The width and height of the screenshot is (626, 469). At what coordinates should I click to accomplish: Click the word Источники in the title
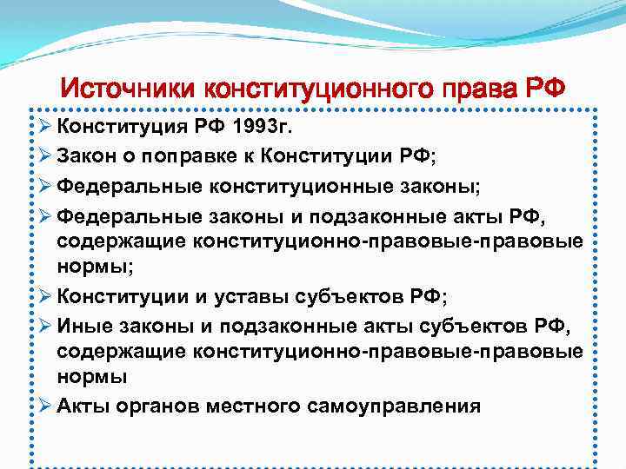coord(127,89)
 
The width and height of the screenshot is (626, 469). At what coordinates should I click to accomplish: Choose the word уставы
coord(251,297)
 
